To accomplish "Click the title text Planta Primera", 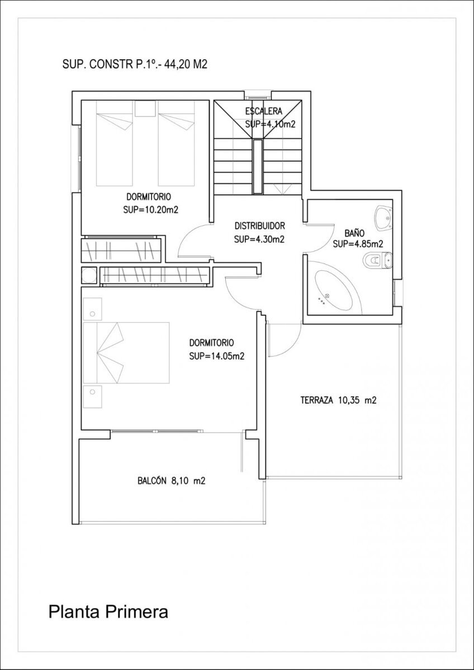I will click(108, 612).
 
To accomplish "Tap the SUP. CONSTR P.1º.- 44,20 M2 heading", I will click(135, 65).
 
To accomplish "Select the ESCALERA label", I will click(263, 111).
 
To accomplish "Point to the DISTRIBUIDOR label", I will click(260, 226).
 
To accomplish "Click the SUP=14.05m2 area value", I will click(217, 356).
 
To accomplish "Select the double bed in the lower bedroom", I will click(126, 352).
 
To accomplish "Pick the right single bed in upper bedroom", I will click(177, 149).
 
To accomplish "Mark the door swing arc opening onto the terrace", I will click(286, 341).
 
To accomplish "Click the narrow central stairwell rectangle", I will click(258, 166).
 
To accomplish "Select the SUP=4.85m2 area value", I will click(358, 244).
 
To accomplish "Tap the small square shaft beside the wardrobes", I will click(89, 276).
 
